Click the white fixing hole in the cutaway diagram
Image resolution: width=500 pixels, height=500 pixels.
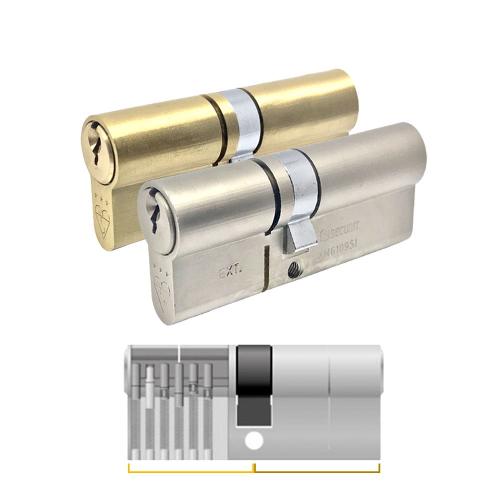pos(254,441)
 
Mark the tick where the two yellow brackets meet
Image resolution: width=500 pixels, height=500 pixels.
pos(254,467)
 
